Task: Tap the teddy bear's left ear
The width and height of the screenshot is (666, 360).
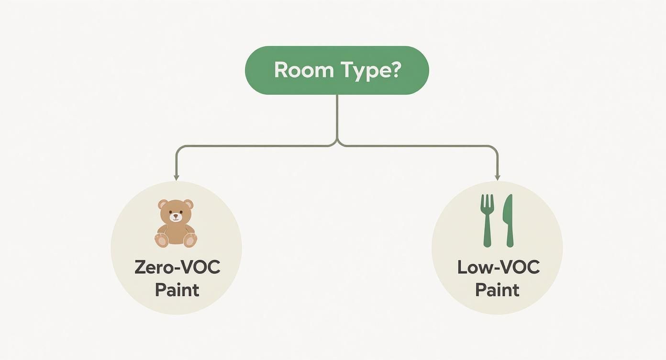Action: coord(163,205)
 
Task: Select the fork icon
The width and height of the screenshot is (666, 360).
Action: coord(487,221)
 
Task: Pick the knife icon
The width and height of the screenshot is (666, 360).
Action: coord(508,221)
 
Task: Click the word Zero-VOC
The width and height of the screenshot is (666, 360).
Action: coord(177,267)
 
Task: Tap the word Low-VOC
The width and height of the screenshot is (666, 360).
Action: coord(499,267)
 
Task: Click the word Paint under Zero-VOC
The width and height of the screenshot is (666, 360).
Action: coord(177,290)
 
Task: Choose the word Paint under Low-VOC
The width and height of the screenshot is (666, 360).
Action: coord(498,290)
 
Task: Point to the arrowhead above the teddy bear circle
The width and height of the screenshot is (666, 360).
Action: coord(177,178)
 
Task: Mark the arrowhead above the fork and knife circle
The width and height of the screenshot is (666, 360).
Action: coord(497,178)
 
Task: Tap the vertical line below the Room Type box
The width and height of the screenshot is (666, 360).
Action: coord(337,117)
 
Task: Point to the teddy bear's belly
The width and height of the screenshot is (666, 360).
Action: coord(176,234)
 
